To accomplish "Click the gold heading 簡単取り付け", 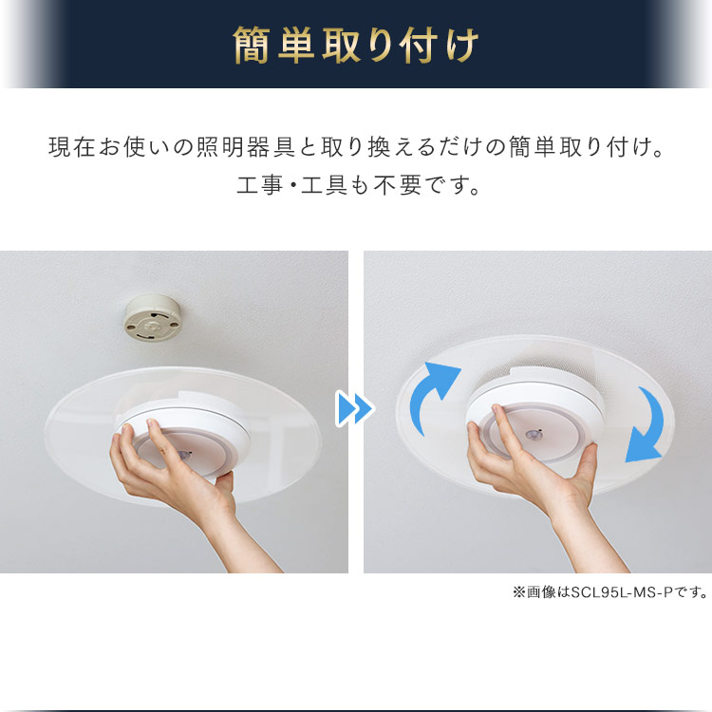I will point(356,45).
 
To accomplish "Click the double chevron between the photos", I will point(355,409).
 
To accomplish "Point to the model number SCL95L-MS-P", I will point(626,593).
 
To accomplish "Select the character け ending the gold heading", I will point(462,45).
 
